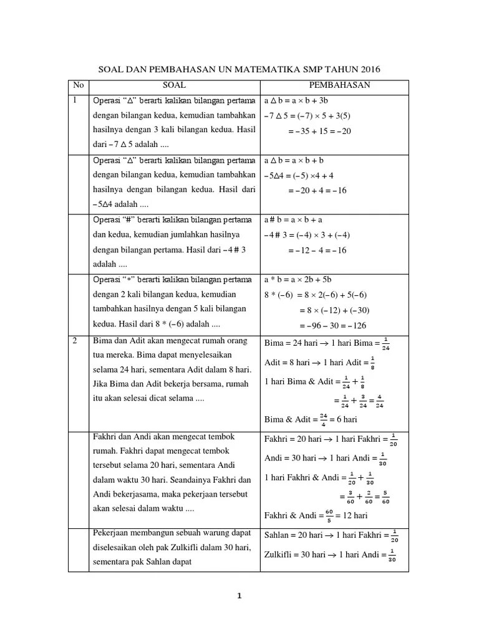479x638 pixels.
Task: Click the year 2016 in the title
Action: pyautogui.click(x=368, y=69)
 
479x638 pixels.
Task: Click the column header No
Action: pyautogui.click(x=78, y=85)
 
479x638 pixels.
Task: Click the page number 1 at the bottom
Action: pyautogui.click(x=239, y=596)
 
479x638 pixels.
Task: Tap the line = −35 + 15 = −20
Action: pyautogui.click(x=319, y=131)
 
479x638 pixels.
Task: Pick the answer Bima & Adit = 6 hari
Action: pyautogui.click(x=311, y=419)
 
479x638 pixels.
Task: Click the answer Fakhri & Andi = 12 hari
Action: pyautogui.click(x=316, y=515)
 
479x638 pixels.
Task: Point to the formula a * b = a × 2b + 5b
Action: pyautogui.click(x=302, y=279)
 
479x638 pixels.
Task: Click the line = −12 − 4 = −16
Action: pyautogui.click(x=317, y=250)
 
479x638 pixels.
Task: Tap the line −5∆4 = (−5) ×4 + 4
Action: pyautogui.click(x=299, y=176)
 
